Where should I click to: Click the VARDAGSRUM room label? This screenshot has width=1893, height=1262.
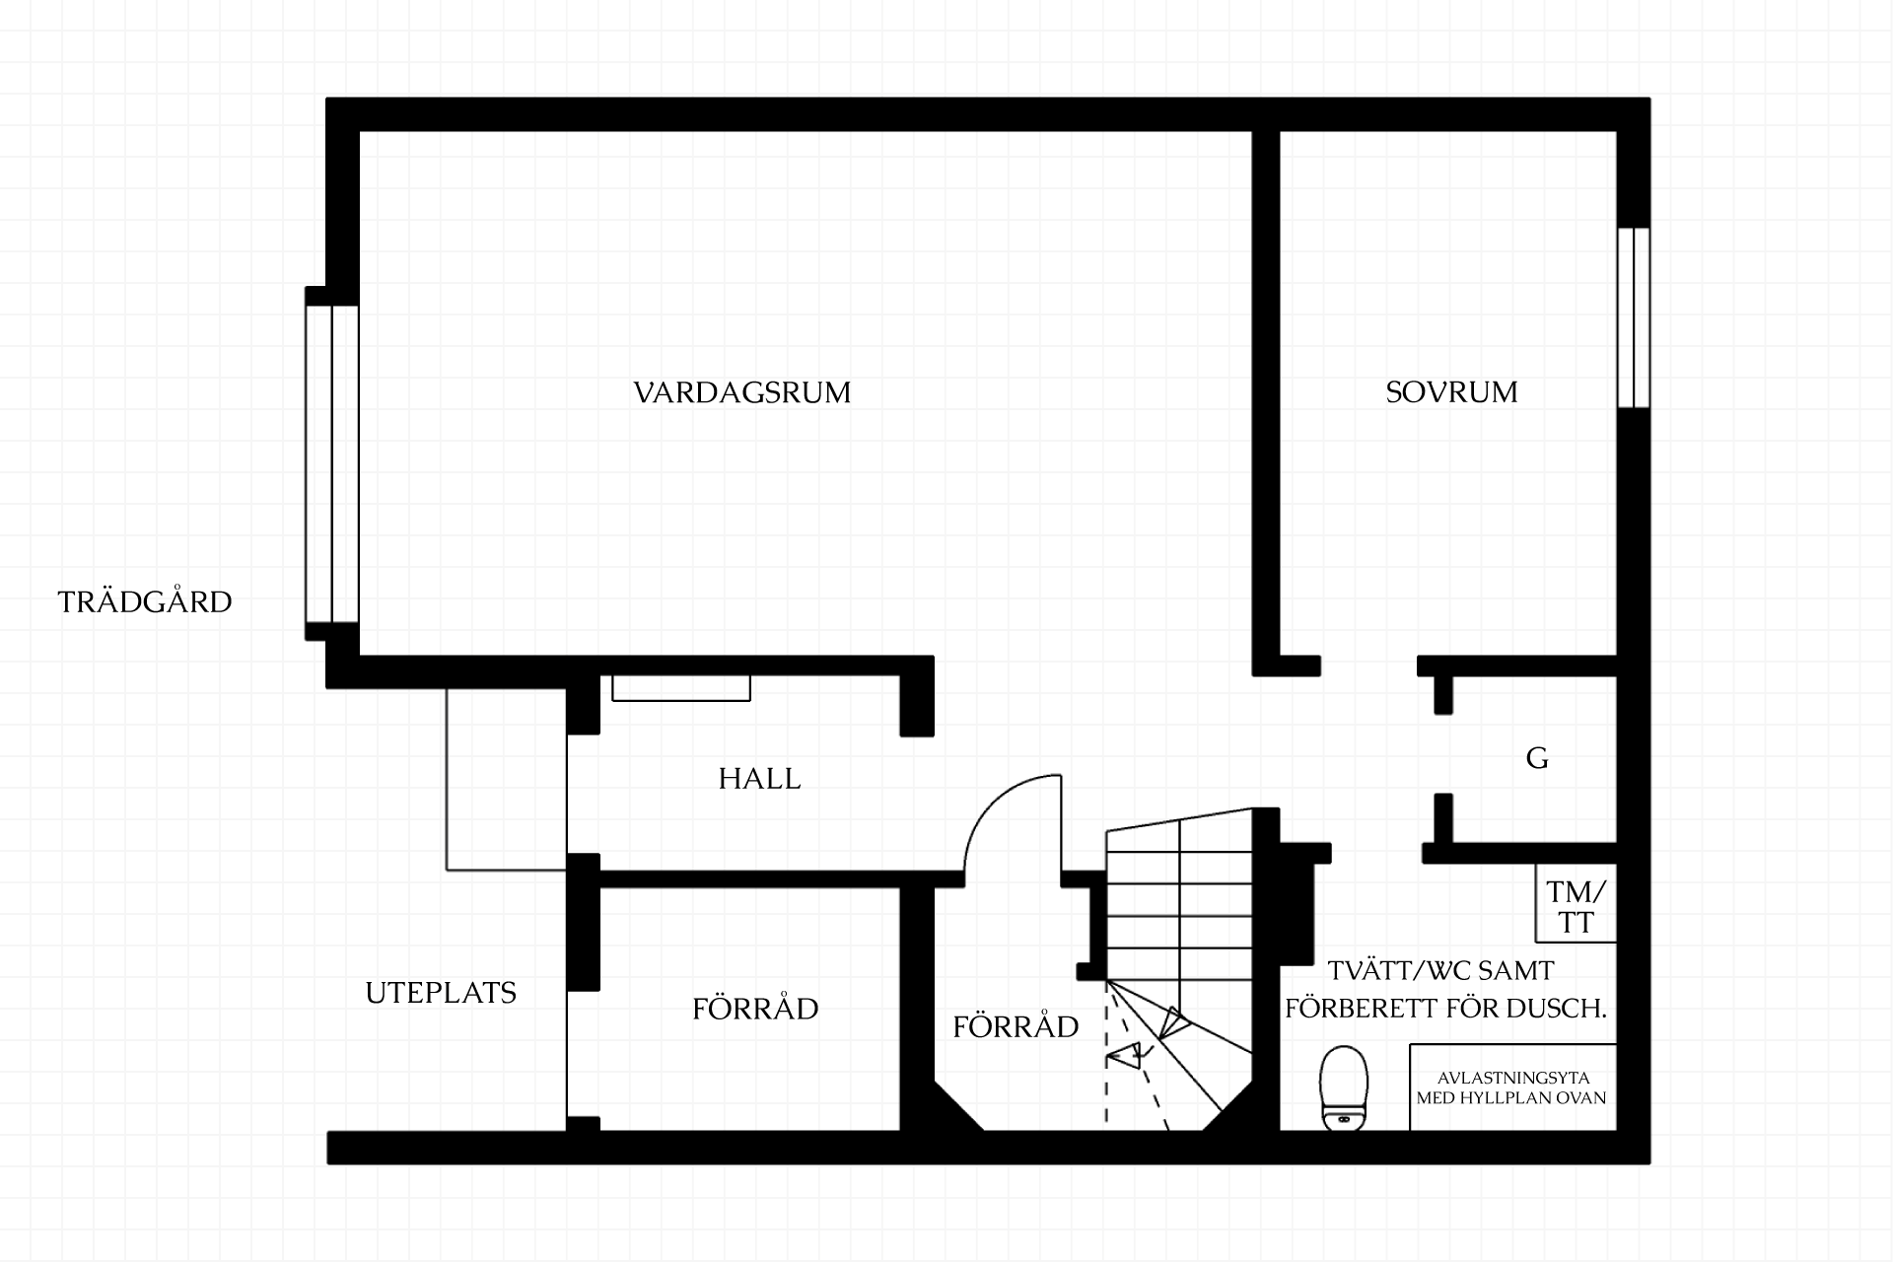[741, 392]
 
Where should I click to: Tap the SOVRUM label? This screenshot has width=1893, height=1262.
[1451, 392]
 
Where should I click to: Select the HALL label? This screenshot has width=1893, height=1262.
[759, 779]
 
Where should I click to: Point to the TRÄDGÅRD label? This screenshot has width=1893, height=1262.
[145, 601]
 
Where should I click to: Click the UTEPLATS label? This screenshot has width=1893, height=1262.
[441, 993]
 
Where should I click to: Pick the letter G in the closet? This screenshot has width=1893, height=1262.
[1537, 758]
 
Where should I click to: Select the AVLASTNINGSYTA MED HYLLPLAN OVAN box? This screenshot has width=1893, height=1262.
[1512, 1087]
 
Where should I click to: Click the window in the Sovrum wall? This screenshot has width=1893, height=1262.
[1633, 317]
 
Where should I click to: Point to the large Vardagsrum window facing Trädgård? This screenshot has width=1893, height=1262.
[331, 463]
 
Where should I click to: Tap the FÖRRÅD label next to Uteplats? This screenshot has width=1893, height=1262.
[755, 1009]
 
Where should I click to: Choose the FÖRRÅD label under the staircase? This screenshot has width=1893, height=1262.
[1016, 1026]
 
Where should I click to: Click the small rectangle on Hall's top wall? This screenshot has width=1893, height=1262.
[681, 688]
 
